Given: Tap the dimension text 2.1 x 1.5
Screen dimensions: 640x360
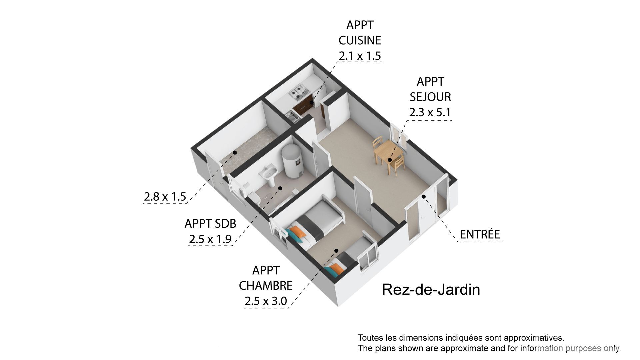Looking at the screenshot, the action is coord(360,56).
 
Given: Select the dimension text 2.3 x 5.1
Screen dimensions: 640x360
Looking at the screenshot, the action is coord(430,112).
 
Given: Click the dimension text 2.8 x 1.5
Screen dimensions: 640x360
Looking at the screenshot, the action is coord(165,197).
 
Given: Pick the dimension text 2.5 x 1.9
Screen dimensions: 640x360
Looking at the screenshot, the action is coord(210,239).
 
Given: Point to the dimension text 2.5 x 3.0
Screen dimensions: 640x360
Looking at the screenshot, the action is coord(266,301).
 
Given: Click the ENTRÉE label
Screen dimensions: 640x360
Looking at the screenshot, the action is coord(480,234).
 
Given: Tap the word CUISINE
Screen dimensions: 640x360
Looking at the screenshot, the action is coord(360,40).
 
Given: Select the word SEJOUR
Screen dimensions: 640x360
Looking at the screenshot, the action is coord(430,97).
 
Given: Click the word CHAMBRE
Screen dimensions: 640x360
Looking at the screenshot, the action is coord(266,286).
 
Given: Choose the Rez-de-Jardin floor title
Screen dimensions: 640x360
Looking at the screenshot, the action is coord(431,290).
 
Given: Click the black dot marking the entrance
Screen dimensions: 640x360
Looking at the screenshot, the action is coord(424,196).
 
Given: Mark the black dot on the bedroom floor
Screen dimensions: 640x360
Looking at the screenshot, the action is coord(337,251).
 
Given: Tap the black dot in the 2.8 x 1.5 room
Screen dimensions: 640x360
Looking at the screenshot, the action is coord(235,153).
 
